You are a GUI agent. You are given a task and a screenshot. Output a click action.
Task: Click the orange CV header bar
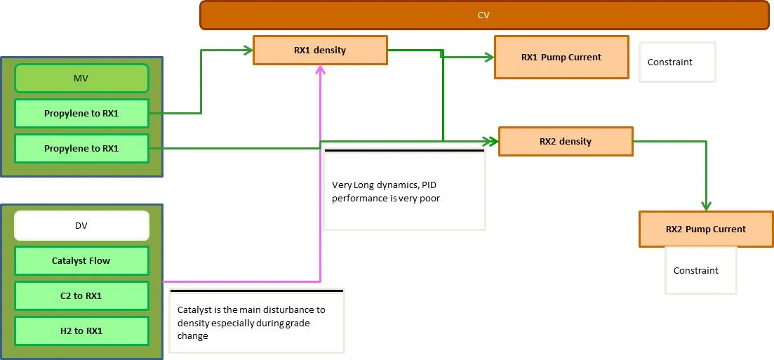(x=484, y=15)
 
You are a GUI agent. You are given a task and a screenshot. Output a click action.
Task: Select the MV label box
(x=81, y=78)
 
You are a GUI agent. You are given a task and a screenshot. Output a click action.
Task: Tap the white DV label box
(x=81, y=225)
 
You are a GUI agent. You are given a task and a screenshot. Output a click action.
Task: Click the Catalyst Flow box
(x=81, y=260)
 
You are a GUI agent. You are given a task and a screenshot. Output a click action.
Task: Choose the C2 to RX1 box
(x=81, y=295)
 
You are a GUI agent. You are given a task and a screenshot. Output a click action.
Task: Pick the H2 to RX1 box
(x=81, y=331)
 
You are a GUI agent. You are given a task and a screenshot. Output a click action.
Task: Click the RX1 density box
(x=320, y=50)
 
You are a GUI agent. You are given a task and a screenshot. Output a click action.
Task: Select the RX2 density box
(x=566, y=141)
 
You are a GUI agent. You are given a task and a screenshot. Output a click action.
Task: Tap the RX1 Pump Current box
(x=561, y=57)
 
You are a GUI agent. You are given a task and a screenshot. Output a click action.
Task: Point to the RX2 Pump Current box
(x=706, y=229)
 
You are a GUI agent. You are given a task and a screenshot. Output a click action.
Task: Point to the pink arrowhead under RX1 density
(x=320, y=69)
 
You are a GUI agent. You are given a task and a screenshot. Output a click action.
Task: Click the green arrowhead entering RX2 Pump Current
(x=706, y=205)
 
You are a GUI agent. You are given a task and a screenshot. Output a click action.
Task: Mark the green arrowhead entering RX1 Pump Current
(x=489, y=58)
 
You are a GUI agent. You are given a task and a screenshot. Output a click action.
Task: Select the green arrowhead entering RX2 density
(x=493, y=140)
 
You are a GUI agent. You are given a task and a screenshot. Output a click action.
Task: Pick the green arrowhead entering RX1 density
(x=248, y=50)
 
